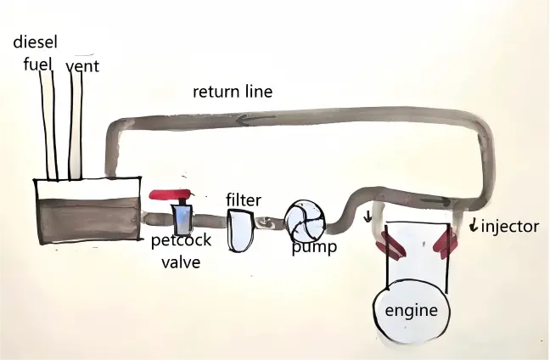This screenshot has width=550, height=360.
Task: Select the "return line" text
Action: click(230, 91)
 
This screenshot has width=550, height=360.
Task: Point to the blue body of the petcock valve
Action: click(182, 218)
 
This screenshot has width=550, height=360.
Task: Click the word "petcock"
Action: click(182, 242)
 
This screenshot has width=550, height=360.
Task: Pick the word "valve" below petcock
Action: click(182, 263)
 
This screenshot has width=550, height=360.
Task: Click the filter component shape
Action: click(241, 230)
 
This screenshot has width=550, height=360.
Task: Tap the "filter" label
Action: click(243, 200)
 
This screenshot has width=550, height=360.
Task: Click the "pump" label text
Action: click(313, 248)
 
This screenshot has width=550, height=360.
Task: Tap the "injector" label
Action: click(508, 227)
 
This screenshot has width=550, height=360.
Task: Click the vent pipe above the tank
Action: click(76, 127)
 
